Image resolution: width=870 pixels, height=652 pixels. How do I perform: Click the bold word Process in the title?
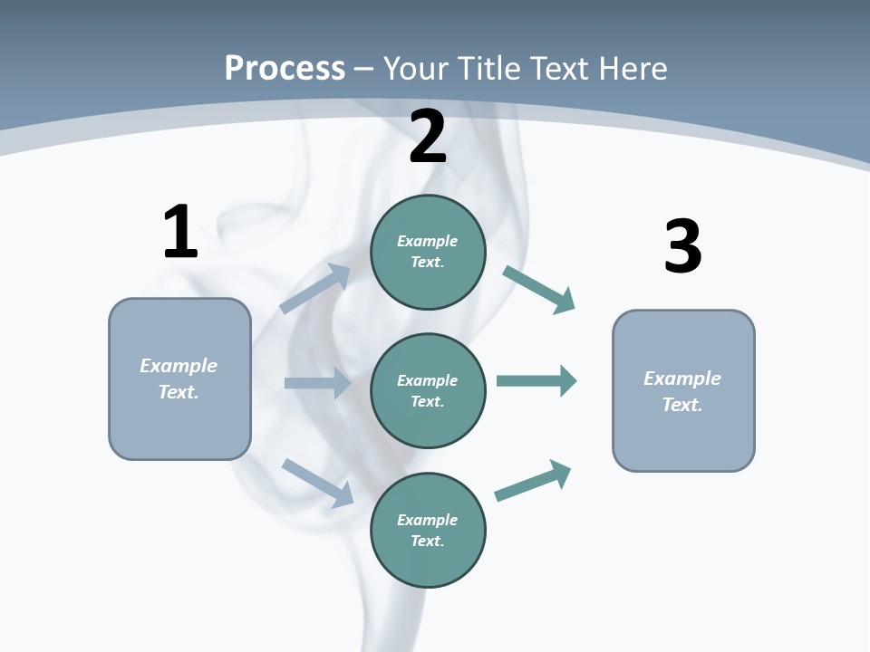[285, 69]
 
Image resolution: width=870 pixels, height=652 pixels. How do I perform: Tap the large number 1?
[180, 233]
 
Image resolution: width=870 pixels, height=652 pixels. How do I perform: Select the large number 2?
[428, 138]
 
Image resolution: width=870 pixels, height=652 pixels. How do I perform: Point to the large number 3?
[682, 247]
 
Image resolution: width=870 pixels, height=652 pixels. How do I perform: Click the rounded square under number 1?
[179, 379]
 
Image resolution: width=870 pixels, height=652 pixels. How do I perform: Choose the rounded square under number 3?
[683, 390]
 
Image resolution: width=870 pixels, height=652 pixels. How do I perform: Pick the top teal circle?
[428, 252]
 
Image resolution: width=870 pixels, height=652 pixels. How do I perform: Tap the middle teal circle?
[428, 390]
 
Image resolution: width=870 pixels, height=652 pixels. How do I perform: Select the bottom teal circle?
[428, 530]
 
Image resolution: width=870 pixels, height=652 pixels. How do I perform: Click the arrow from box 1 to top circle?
[315, 289]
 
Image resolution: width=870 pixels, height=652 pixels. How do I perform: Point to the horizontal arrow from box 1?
[317, 383]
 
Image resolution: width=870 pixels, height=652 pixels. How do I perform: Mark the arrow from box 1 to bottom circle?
[317, 483]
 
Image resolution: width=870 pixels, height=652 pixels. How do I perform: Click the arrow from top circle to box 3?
[539, 290]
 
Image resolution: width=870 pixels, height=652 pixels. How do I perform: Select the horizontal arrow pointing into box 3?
[536, 380]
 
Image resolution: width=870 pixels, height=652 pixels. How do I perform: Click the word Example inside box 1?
[179, 366]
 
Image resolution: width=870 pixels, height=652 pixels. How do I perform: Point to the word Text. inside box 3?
[682, 405]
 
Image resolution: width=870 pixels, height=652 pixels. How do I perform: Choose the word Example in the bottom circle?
[427, 520]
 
